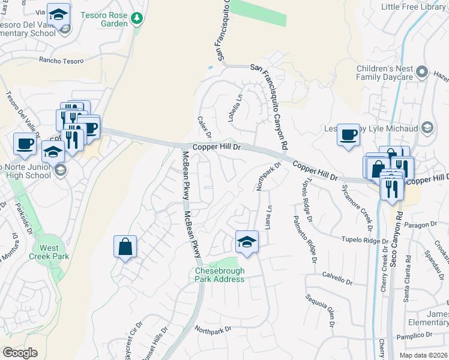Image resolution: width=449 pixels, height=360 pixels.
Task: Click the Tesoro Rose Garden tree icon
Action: pos(137,18)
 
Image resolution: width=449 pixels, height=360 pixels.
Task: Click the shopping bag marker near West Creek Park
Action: pos(125,247)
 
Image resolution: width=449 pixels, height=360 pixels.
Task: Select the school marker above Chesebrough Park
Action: pos(246,242)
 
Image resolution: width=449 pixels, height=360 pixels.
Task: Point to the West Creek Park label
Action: pos(50,252)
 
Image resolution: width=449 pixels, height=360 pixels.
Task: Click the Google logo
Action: pos(20,352)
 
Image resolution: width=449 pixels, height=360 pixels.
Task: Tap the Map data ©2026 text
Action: pos(423,355)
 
